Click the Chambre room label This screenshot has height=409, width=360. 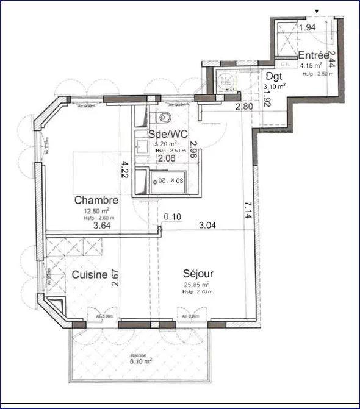tap(96, 200)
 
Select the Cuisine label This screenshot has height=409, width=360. tap(90, 275)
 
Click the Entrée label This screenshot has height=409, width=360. tap(314, 55)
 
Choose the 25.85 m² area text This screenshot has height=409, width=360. tap(196, 285)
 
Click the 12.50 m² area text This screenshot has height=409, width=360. tap(95, 212)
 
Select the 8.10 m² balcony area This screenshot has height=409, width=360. tap(142, 361)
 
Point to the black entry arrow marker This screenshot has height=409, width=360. tap(317, 10)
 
